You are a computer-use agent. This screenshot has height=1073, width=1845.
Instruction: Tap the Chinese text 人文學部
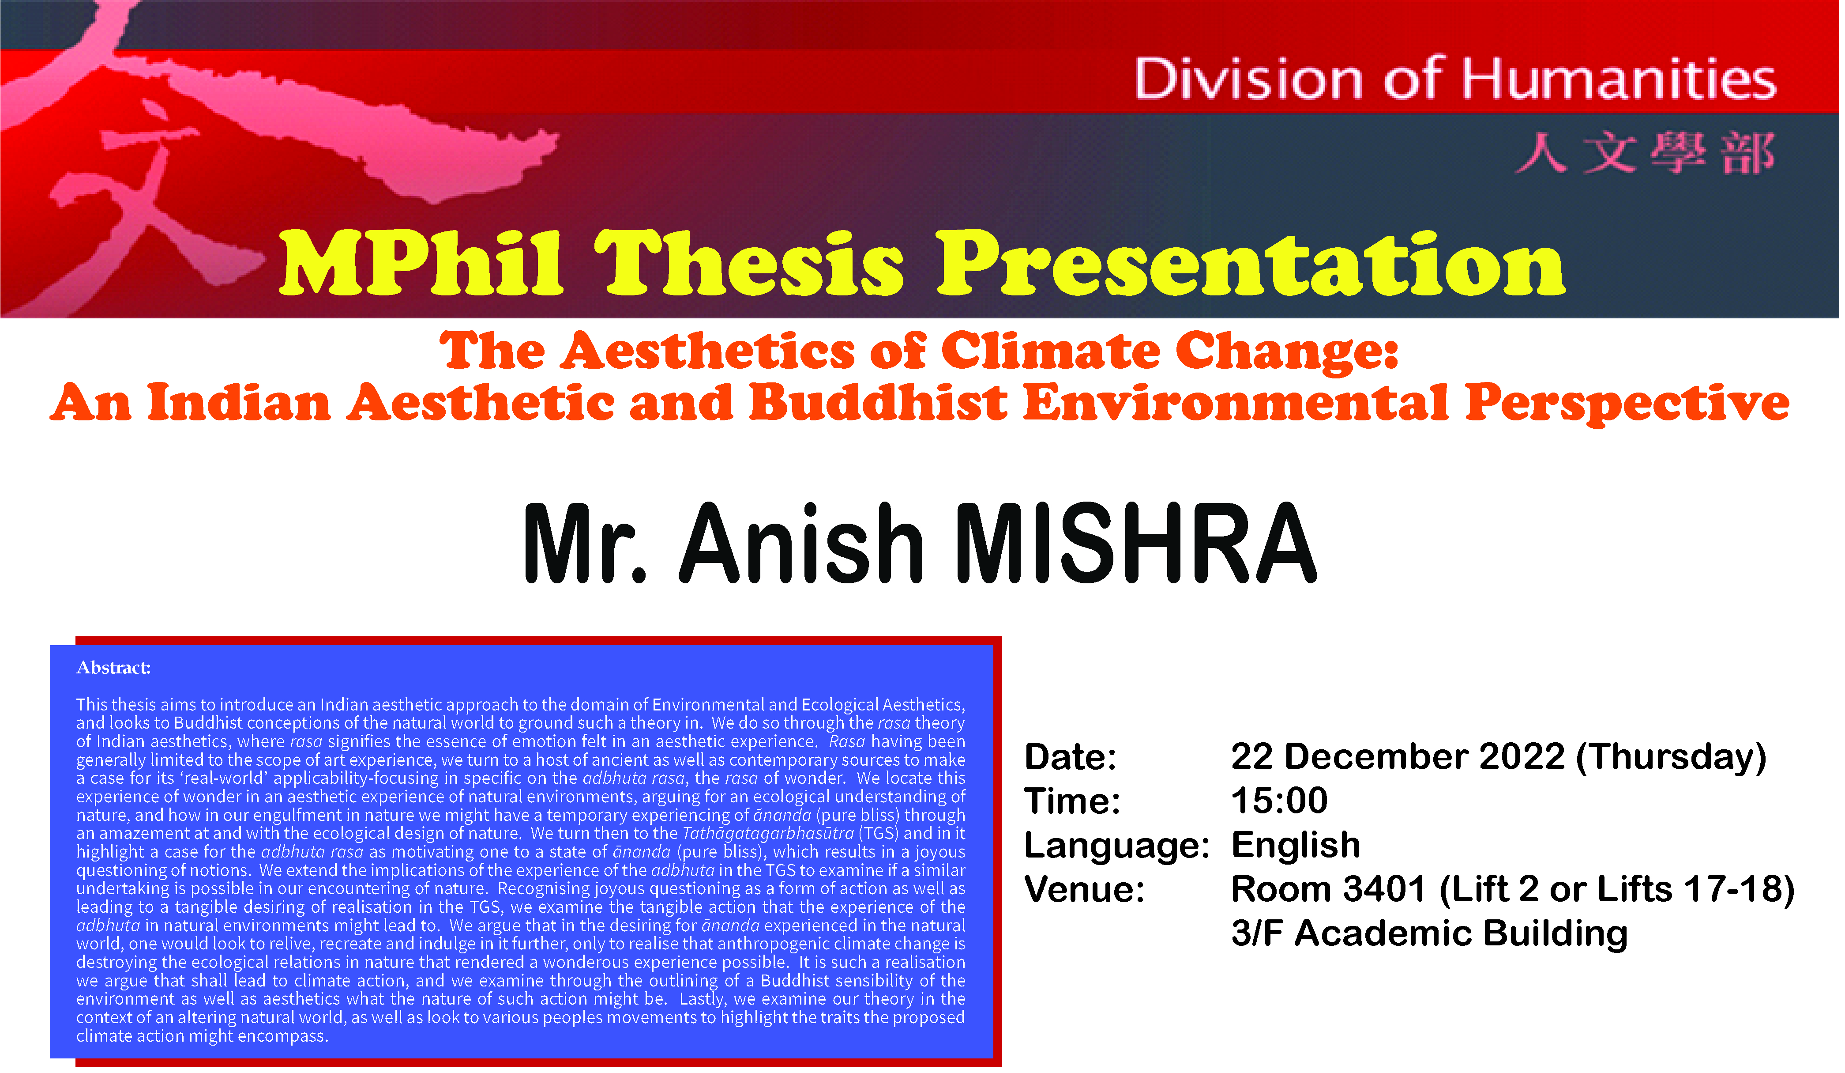[1645, 153]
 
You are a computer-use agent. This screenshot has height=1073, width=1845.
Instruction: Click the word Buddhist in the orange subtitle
[878, 402]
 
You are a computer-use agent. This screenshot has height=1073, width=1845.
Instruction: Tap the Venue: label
[1084, 889]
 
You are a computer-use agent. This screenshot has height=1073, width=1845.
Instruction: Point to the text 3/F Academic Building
[1429, 934]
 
